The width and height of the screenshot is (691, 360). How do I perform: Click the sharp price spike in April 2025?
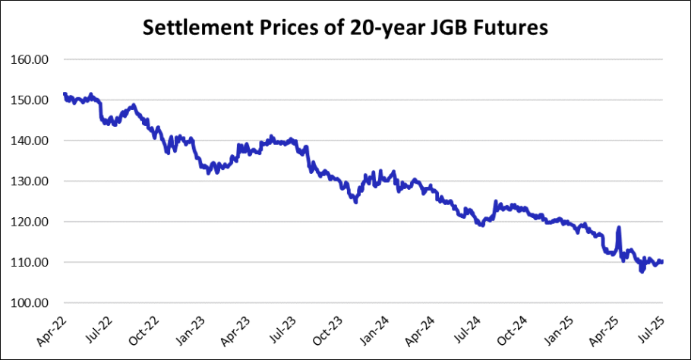619,227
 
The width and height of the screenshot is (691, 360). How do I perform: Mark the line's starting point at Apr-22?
65,93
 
